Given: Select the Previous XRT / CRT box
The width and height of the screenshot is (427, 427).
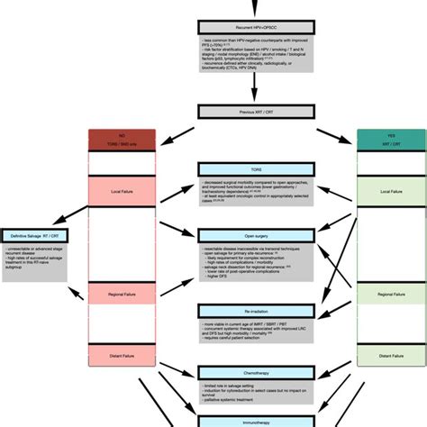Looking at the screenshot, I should click(x=256, y=112).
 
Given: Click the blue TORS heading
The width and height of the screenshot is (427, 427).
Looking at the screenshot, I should click(x=256, y=168).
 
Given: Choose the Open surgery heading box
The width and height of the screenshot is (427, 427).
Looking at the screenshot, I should click(x=256, y=235).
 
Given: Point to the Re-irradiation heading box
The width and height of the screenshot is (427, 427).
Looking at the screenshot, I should click(x=256, y=310).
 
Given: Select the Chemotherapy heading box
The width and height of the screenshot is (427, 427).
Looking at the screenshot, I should click(x=256, y=371).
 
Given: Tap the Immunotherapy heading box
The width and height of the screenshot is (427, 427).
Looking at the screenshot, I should click(x=256, y=418).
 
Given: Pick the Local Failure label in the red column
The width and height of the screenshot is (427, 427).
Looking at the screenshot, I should click(x=122, y=192).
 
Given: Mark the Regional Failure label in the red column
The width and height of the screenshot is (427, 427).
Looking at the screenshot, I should click(x=122, y=295).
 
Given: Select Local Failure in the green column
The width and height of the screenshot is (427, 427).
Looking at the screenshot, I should click(x=391, y=192).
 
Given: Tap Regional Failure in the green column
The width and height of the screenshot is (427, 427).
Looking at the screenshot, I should click(x=391, y=295).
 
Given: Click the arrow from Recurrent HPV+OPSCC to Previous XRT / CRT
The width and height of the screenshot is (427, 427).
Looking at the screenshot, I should click(x=256, y=86).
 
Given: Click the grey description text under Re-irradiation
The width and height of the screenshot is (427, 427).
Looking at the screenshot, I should click(x=256, y=334).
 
